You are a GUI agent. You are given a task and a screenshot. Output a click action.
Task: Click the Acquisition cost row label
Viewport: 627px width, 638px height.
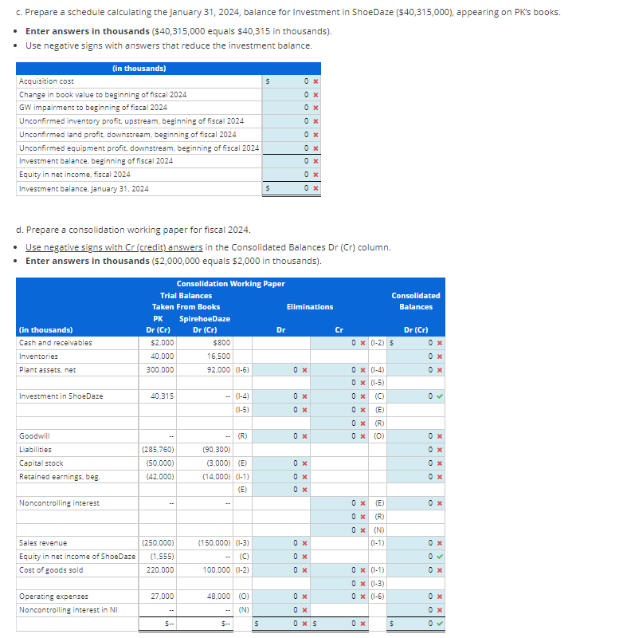tap(46, 81)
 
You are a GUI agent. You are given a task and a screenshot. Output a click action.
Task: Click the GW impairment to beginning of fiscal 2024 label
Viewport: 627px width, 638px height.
tap(92, 108)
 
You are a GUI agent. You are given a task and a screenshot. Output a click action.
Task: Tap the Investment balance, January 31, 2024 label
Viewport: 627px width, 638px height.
tap(84, 189)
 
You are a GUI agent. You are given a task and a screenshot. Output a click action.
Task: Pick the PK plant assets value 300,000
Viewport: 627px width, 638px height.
tap(160, 370)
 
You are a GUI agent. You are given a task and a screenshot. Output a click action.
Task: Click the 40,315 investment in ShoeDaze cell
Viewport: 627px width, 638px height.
tap(162, 396)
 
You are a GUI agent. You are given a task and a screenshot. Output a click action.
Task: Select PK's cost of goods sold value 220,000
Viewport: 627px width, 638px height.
tap(160, 570)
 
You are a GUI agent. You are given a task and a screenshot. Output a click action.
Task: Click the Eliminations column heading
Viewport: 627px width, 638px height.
tap(310, 307)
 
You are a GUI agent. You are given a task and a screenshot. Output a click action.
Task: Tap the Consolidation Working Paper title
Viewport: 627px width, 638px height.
tap(230, 284)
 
